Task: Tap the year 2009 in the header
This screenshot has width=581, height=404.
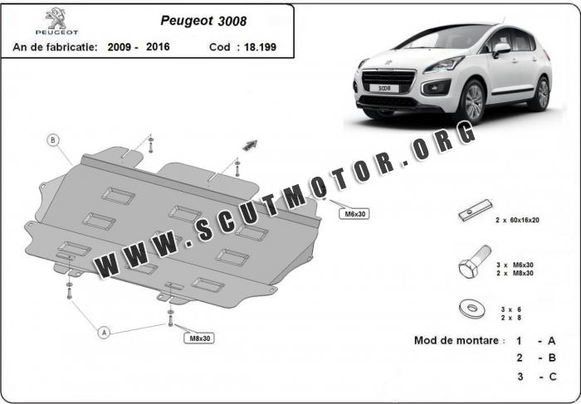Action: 123,47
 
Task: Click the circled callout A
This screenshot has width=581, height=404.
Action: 105,333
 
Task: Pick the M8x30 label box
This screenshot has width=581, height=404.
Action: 199,338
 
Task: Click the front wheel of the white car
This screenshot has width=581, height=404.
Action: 473,102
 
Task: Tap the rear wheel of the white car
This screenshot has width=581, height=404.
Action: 541,92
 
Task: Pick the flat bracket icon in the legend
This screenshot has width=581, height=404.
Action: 475,212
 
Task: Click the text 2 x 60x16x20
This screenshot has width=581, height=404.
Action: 518,220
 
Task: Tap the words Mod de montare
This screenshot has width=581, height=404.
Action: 459,341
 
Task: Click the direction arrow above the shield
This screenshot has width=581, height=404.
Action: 249,144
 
